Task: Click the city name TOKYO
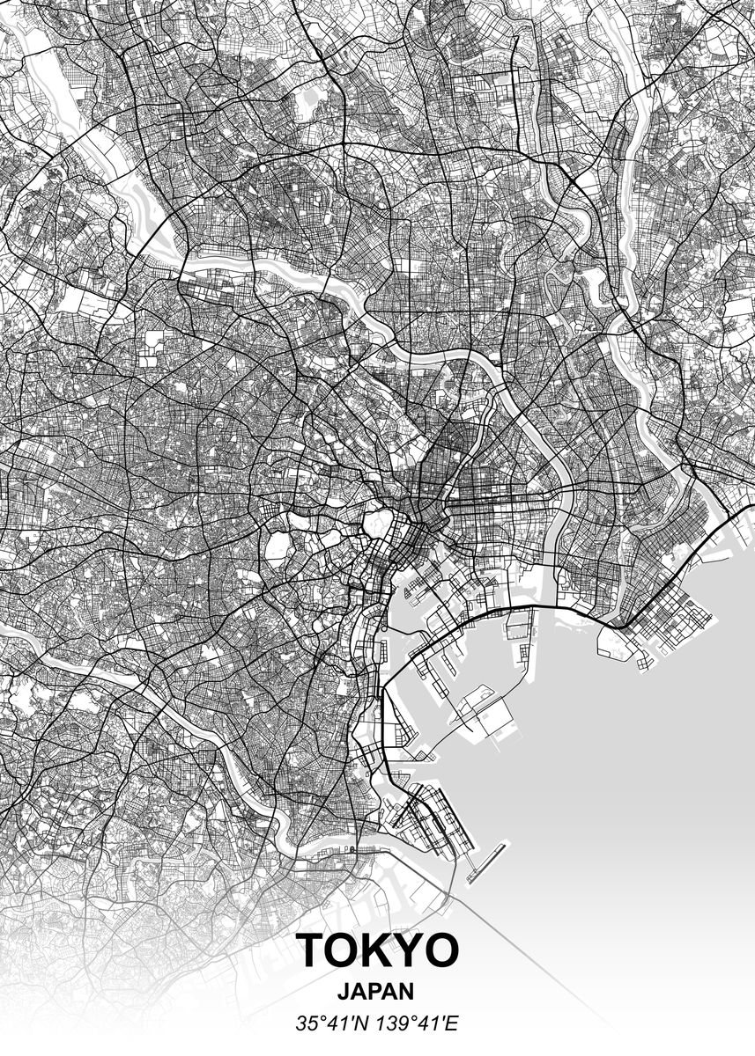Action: point(377,950)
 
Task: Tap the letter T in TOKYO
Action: point(313,950)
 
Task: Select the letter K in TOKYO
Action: point(378,950)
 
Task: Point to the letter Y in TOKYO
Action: point(409,950)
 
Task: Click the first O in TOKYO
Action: point(345,950)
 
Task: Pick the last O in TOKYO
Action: point(441,950)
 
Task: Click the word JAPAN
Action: point(376,991)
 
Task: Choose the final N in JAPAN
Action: point(406,991)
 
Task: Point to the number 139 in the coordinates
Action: point(388,1023)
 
